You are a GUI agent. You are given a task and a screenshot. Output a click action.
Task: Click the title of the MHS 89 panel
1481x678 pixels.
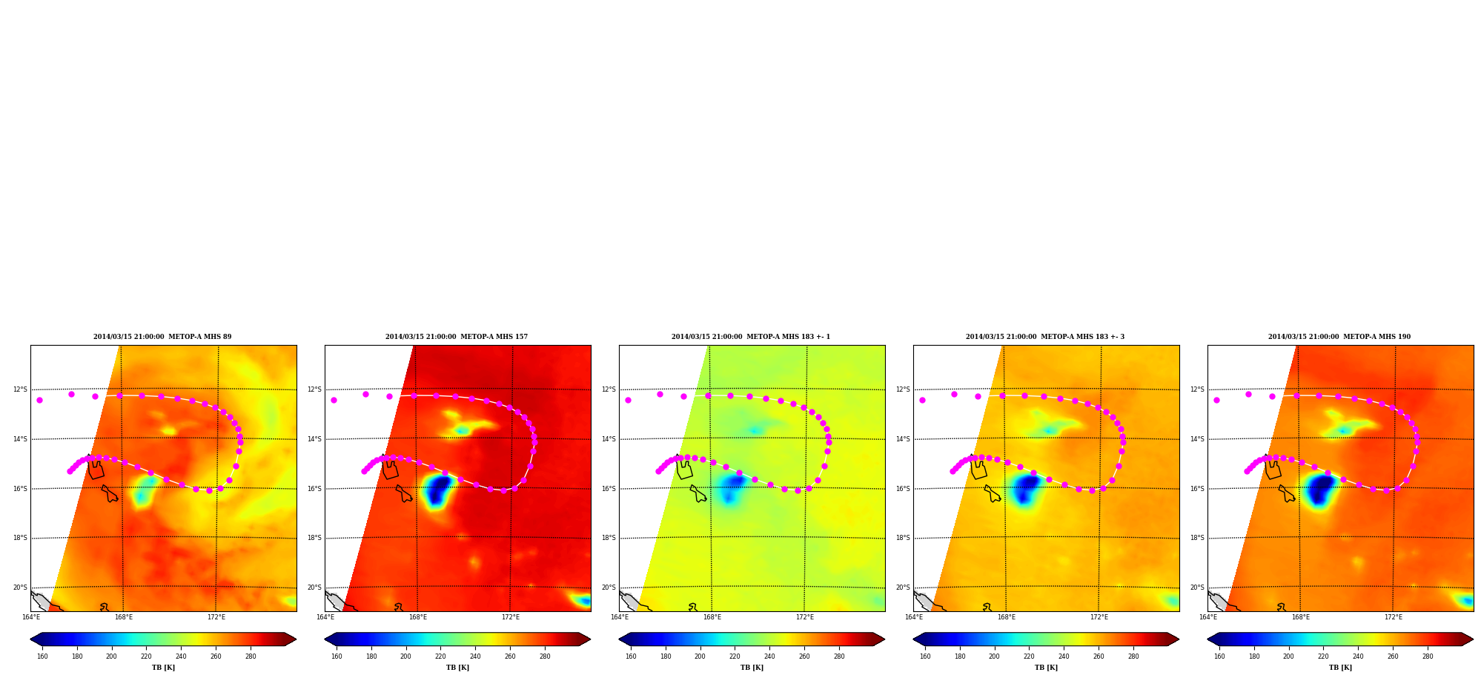(x=162, y=337)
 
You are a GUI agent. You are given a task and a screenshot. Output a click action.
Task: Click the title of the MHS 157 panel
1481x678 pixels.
(x=457, y=337)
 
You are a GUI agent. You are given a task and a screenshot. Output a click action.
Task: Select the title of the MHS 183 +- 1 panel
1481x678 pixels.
(x=751, y=337)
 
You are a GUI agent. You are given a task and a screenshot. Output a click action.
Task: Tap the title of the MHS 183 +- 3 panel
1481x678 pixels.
(x=1045, y=337)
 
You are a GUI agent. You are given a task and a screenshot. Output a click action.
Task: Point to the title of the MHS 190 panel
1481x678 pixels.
(x=1339, y=337)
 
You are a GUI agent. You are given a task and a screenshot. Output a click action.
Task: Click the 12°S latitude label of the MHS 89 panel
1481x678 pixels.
(x=20, y=389)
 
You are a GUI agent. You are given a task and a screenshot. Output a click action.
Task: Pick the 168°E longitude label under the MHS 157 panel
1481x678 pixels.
(x=418, y=617)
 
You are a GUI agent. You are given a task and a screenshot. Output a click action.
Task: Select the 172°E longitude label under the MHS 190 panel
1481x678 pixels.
(x=1394, y=617)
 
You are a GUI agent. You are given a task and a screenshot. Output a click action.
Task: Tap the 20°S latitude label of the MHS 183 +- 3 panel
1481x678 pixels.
(x=903, y=588)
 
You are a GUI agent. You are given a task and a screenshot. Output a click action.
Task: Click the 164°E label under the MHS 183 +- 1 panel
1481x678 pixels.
(x=620, y=617)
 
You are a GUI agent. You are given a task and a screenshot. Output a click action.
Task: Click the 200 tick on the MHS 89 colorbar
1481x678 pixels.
(x=111, y=656)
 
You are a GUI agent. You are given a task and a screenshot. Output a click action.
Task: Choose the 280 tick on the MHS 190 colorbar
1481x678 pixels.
(x=1428, y=656)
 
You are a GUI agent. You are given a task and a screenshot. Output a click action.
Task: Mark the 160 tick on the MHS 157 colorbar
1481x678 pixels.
(x=337, y=656)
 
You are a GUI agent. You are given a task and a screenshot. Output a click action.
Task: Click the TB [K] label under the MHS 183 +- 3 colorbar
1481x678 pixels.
(x=1046, y=668)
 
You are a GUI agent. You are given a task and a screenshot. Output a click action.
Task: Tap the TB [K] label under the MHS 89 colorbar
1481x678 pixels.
(x=163, y=668)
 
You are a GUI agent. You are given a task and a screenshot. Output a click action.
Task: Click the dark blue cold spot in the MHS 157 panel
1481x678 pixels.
(x=438, y=490)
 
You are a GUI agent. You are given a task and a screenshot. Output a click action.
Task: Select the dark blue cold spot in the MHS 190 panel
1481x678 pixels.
(x=1320, y=490)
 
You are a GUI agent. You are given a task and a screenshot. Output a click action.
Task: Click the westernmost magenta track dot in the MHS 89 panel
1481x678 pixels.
(x=39, y=400)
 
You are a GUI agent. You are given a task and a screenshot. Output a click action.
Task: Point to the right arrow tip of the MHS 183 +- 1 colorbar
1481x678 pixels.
(x=884, y=639)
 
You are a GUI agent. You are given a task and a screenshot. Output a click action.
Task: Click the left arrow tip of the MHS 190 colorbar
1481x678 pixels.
(x=1207, y=639)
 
